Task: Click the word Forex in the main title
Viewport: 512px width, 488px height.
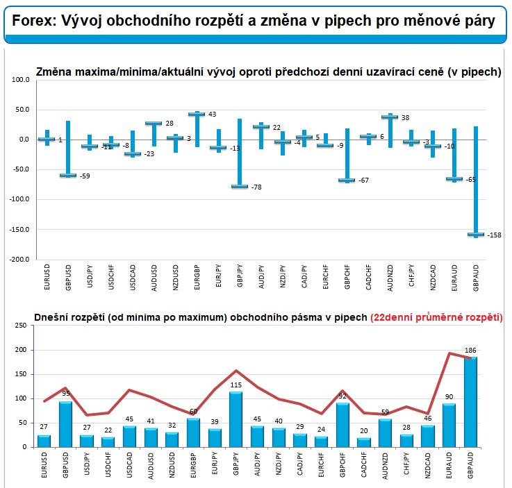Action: pyautogui.click(x=31, y=22)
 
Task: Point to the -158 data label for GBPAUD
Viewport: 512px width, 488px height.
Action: pyautogui.click(x=495, y=235)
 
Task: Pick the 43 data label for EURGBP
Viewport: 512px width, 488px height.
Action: pyautogui.click(x=213, y=115)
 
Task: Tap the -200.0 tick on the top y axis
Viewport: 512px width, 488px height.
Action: pyautogui.click(x=20, y=259)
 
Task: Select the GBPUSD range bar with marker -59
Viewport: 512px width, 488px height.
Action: pyautogui.click(x=68, y=149)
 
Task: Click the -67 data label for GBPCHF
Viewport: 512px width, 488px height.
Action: pyautogui.click(x=365, y=180)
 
